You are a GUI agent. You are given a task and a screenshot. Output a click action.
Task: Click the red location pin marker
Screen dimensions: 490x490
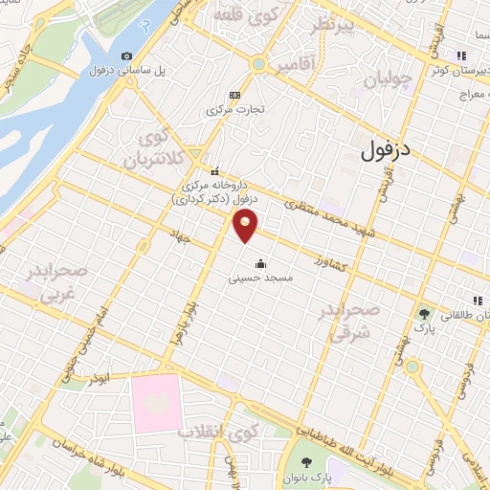(246, 226)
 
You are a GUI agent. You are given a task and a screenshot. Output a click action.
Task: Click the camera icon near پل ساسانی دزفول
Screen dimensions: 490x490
(126, 56)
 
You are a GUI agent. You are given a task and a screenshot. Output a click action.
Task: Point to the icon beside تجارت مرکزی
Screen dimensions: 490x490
(235, 94)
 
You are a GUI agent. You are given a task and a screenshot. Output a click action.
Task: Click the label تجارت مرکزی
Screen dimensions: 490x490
(233, 109)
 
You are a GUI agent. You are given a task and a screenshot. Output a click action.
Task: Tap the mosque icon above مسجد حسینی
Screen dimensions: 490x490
(258, 264)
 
